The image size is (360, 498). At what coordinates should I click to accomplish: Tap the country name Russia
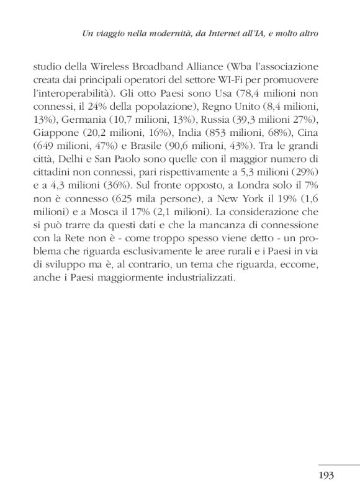coord(209,122)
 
